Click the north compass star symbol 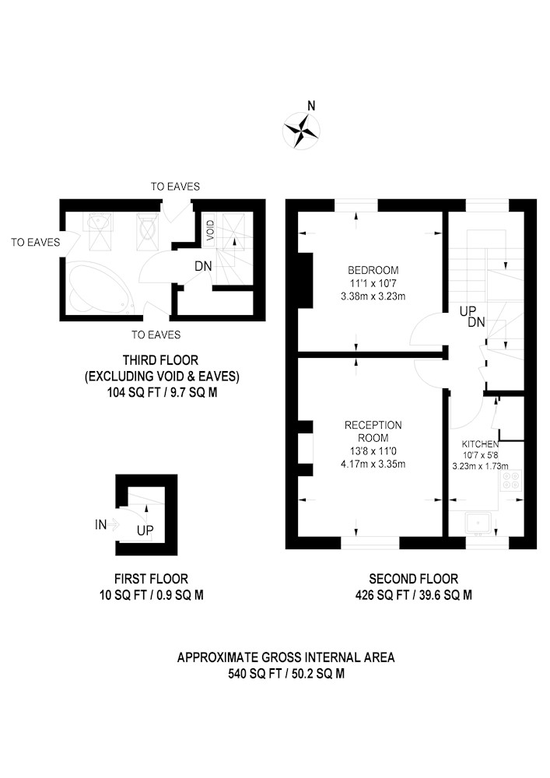click(x=301, y=131)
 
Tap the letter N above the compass click(x=311, y=105)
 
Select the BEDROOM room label click(x=373, y=271)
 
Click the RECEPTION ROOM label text click(x=373, y=431)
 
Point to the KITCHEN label click(x=480, y=444)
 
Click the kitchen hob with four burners click(x=511, y=480)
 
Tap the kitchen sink click(x=478, y=524)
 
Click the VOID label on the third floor click(x=210, y=231)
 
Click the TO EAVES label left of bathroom click(x=36, y=242)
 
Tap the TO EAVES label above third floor click(x=175, y=187)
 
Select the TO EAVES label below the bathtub click(x=156, y=335)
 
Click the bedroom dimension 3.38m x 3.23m click(x=373, y=296)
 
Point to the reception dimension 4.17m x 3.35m click(x=373, y=464)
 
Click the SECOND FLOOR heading click(x=414, y=579)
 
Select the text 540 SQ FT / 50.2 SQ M click(x=286, y=673)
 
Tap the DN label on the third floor click(x=203, y=266)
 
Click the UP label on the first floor click(x=145, y=531)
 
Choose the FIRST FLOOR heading click(x=151, y=579)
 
